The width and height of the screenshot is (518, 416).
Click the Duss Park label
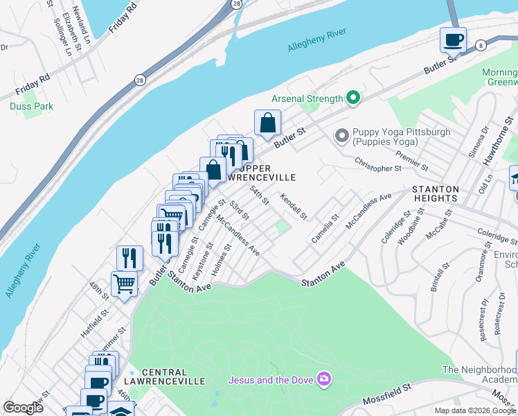click(31, 106)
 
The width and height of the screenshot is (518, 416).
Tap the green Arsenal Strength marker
click(353, 98)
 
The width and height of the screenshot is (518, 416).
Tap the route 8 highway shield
click(481, 45)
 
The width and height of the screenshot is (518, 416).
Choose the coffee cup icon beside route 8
click(453, 40)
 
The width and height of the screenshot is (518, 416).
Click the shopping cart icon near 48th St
click(124, 283)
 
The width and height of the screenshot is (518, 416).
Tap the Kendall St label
click(294, 207)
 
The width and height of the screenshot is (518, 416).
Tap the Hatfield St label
click(91, 324)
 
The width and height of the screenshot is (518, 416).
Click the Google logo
click(23, 408)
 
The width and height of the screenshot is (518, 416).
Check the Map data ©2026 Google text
click(474, 410)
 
